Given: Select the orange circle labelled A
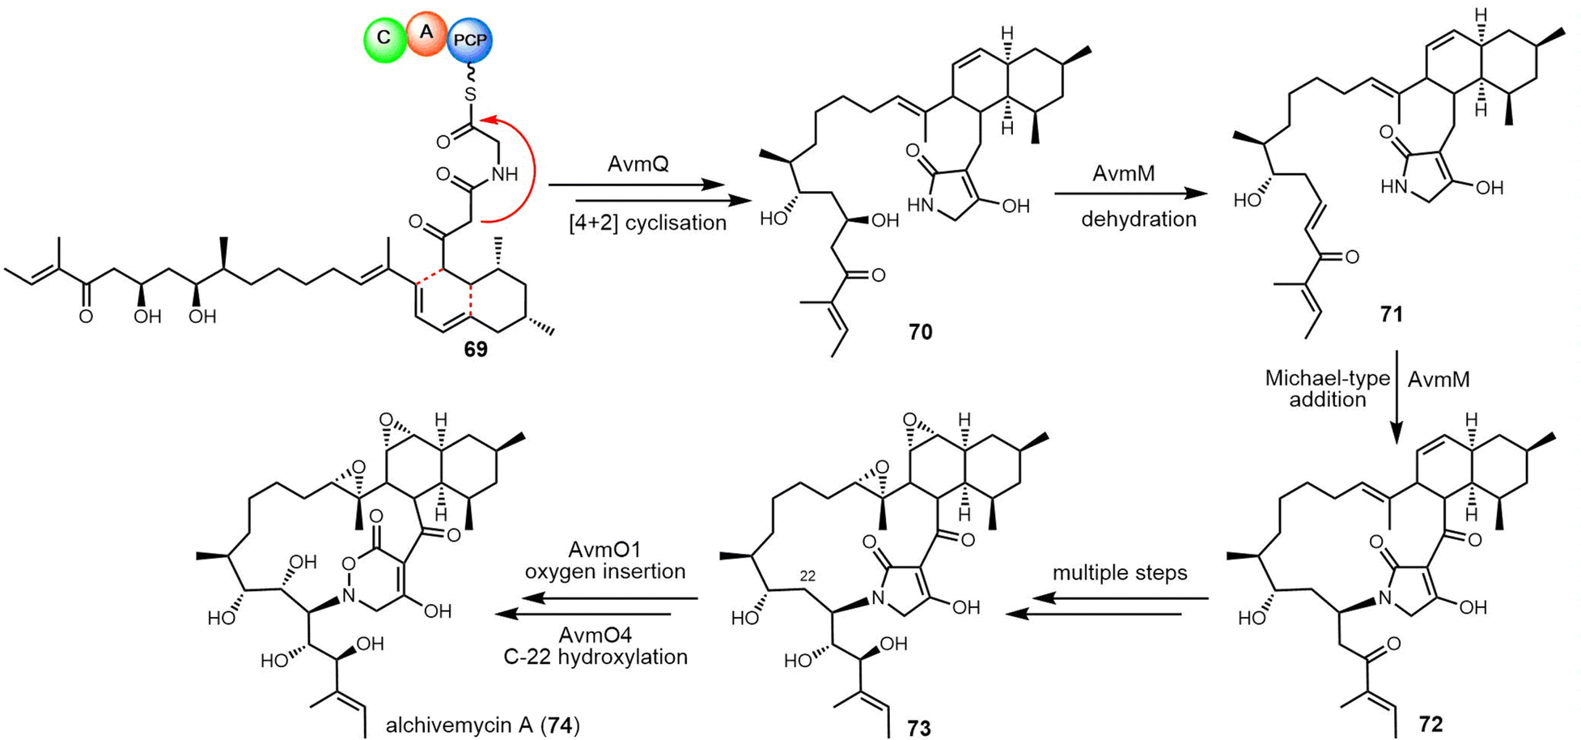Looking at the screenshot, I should point(426,33).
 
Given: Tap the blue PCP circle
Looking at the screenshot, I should point(470,40).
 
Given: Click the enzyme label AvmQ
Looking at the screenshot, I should point(638,165).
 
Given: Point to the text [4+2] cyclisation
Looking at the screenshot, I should point(647,222).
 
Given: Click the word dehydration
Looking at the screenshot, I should point(1138,219).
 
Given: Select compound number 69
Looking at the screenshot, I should point(476,349).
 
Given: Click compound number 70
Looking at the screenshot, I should point(920,332).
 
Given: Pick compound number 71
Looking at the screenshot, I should point(1391,313).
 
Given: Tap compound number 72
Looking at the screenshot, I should point(1430,723).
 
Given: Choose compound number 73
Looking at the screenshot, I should point(919,728).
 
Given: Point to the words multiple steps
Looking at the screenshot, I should point(1120,573).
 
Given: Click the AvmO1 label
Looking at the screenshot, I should point(604,550).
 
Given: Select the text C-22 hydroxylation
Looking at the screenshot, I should point(596,656).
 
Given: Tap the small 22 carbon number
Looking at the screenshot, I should point(807,576).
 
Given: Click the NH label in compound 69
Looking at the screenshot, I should point(504,174).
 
